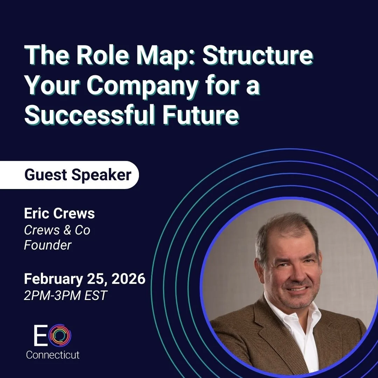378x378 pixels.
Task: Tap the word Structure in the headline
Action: [x=258, y=57]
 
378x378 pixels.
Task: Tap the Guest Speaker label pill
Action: [x=78, y=175]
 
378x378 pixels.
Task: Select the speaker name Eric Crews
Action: [x=59, y=213]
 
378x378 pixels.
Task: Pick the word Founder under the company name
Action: [x=48, y=245]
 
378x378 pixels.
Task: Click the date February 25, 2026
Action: [x=84, y=279]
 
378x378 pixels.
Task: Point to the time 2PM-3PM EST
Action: [x=65, y=295]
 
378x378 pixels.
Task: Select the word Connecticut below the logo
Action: [x=53, y=355]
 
